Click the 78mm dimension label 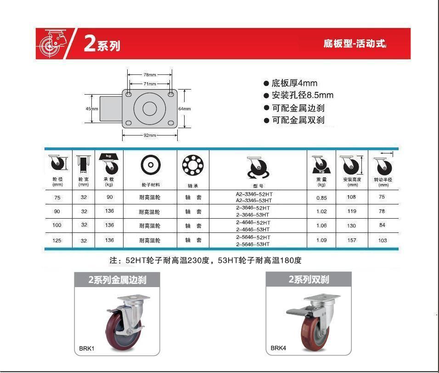pos(150,75)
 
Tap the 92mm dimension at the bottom pos(150,135)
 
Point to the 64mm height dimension pos(185,109)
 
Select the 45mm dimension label pos(92,109)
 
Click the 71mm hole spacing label pos(150,84)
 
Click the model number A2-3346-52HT pos(254,194)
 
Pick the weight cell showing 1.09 pos(321,240)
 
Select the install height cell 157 pos(352,240)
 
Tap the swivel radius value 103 pos(383,240)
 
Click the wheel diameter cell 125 pos(57,240)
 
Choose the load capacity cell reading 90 pos(110,197)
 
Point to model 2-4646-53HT pos(253,230)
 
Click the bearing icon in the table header pos(193,165)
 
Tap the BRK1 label pos(86,348)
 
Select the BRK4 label pos(278,348)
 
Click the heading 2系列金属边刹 pos(117,280)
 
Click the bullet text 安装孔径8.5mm pos(303,95)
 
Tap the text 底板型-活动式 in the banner pos(355,44)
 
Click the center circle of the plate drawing pos(150,109)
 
